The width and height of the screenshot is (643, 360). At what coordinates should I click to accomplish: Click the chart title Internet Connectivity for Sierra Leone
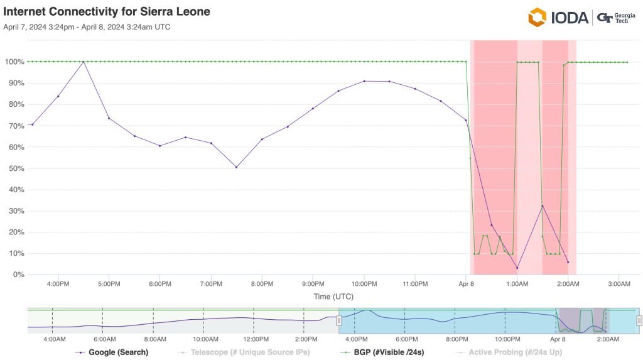(x=106, y=12)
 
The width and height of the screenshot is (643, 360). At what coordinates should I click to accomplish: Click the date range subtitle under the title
(x=87, y=27)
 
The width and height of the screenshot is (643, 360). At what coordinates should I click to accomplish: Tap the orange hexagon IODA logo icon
(x=537, y=17)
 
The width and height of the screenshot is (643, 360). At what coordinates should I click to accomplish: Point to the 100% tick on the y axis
(x=14, y=62)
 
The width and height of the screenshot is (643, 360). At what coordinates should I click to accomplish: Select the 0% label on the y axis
(x=18, y=275)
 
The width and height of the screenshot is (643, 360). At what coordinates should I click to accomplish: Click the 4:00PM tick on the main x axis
(x=58, y=284)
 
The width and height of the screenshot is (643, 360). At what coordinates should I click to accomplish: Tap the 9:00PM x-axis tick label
(x=313, y=284)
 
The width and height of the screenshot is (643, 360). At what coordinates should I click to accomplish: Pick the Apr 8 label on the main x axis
(x=466, y=284)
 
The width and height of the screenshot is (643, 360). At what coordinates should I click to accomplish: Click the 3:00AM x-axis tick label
(x=619, y=284)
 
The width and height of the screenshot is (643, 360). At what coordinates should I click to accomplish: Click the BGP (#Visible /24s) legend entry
(x=381, y=352)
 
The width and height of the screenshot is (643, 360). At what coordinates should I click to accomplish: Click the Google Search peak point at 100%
(x=84, y=62)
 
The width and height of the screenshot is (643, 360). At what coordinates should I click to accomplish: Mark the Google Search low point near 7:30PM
(x=236, y=167)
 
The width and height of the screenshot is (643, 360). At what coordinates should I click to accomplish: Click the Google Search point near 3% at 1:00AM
(x=517, y=268)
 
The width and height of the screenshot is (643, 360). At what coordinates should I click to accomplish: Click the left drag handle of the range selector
(x=338, y=320)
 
